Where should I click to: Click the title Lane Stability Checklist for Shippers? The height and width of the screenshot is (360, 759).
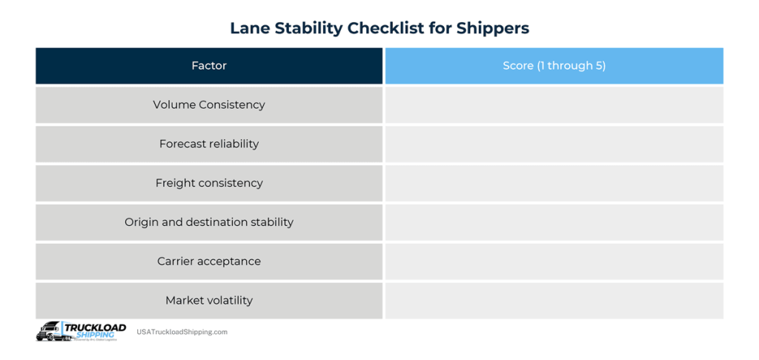pyautogui.click(x=379, y=28)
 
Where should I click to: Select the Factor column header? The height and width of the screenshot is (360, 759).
pyautogui.click(x=209, y=66)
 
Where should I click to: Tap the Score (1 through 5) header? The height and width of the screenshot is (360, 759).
pyautogui.click(x=554, y=66)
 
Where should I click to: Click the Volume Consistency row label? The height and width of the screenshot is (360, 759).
pyautogui.click(x=209, y=105)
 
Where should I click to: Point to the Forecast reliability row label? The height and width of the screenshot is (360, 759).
pyautogui.click(x=209, y=144)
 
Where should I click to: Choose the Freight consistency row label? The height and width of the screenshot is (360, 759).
pyautogui.click(x=209, y=183)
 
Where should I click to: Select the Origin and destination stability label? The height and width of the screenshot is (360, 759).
pyautogui.click(x=209, y=222)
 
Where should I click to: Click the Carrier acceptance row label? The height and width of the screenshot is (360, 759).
pyautogui.click(x=209, y=261)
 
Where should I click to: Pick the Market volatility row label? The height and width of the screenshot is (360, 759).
pyautogui.click(x=209, y=301)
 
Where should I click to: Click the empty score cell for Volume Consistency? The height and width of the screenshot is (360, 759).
pyautogui.click(x=554, y=105)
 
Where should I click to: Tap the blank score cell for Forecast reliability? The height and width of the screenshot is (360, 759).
pyautogui.click(x=554, y=144)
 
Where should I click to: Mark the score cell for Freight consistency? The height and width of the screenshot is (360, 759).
pyautogui.click(x=554, y=183)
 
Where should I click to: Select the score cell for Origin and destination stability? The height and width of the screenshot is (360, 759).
pyautogui.click(x=554, y=222)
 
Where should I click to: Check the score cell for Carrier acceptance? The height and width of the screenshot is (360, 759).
pyautogui.click(x=554, y=261)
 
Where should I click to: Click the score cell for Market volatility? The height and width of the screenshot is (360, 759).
pyautogui.click(x=554, y=301)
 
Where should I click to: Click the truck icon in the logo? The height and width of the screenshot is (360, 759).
pyautogui.click(x=50, y=332)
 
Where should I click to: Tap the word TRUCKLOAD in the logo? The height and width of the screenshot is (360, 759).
pyautogui.click(x=95, y=327)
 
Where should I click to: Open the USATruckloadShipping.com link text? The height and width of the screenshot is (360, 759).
pyautogui.click(x=182, y=333)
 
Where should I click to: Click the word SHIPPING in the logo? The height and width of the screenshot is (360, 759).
pyautogui.click(x=91, y=335)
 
